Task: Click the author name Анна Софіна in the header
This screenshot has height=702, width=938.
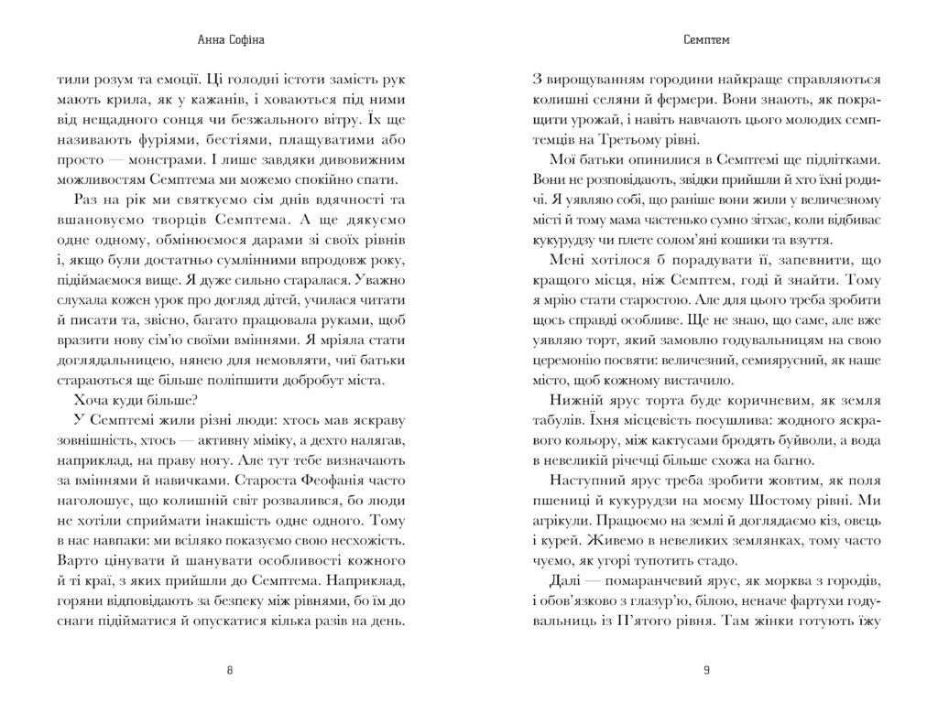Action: click(x=229, y=40)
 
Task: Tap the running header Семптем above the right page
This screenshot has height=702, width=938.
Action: click(x=705, y=40)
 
